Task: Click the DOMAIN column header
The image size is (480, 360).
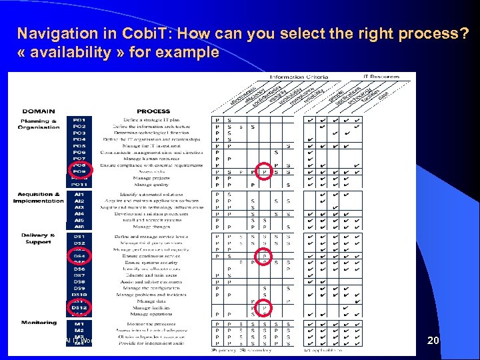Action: [39, 111]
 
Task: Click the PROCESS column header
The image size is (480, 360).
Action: [153, 111]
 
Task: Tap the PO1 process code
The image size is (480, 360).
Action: [79, 120]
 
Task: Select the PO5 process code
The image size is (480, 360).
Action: [79, 146]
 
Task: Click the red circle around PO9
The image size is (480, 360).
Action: [79, 171]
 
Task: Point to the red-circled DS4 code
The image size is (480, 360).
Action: [79, 256]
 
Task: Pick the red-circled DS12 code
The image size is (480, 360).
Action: [79, 307]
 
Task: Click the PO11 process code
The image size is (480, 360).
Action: [79, 185]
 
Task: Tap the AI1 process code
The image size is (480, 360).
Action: [79, 194]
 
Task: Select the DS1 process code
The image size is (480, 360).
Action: [79, 237]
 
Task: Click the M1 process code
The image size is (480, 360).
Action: [79, 323]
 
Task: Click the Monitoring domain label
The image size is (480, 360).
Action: [39, 323]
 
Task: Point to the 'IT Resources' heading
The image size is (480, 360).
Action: [381, 77]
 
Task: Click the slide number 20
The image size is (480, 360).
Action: [433, 341]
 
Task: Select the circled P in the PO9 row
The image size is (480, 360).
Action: [265, 172]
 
